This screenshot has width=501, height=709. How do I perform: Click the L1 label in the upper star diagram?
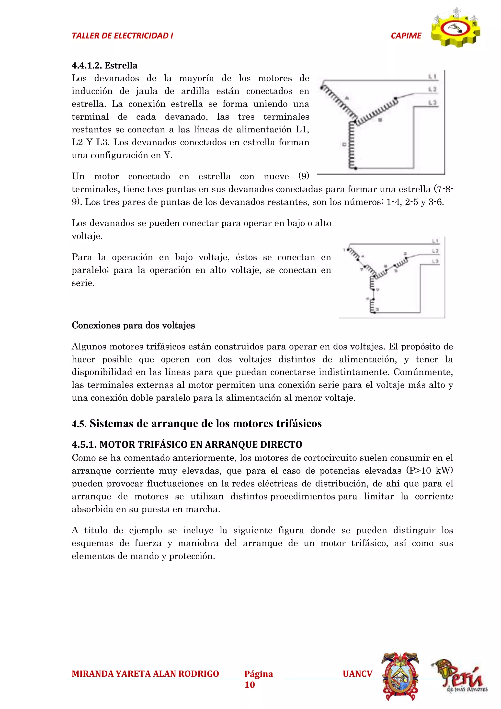point(432,76)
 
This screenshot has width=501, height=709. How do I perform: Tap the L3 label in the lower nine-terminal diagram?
point(435,261)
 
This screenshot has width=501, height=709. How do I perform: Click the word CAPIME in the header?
point(406,36)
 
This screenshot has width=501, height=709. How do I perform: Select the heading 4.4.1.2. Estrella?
point(104,65)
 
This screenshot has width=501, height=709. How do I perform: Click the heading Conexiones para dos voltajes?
point(133,325)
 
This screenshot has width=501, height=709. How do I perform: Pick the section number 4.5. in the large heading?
point(79,424)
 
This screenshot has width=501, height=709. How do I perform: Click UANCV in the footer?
point(357,674)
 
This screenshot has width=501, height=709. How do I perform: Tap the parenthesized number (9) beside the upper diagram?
point(303,176)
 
